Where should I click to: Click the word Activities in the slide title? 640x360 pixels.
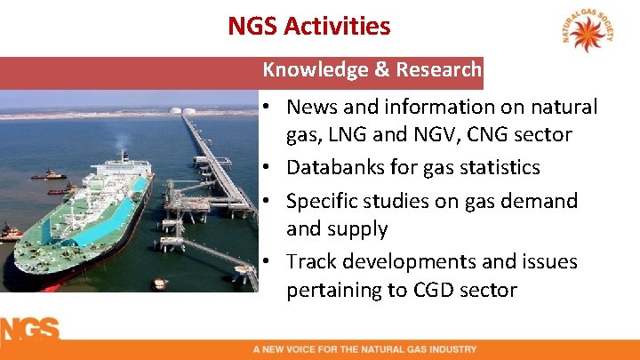point(337,26)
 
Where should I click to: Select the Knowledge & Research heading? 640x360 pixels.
point(372,69)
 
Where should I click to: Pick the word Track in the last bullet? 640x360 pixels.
point(312,262)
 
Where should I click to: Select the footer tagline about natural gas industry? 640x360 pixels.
point(364,349)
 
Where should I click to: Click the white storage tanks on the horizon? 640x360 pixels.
point(180,110)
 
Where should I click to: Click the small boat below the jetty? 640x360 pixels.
point(160,284)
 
